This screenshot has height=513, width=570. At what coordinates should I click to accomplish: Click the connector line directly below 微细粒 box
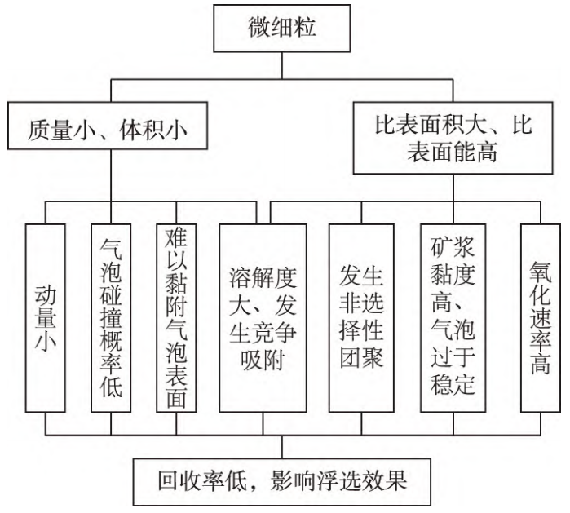284,69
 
